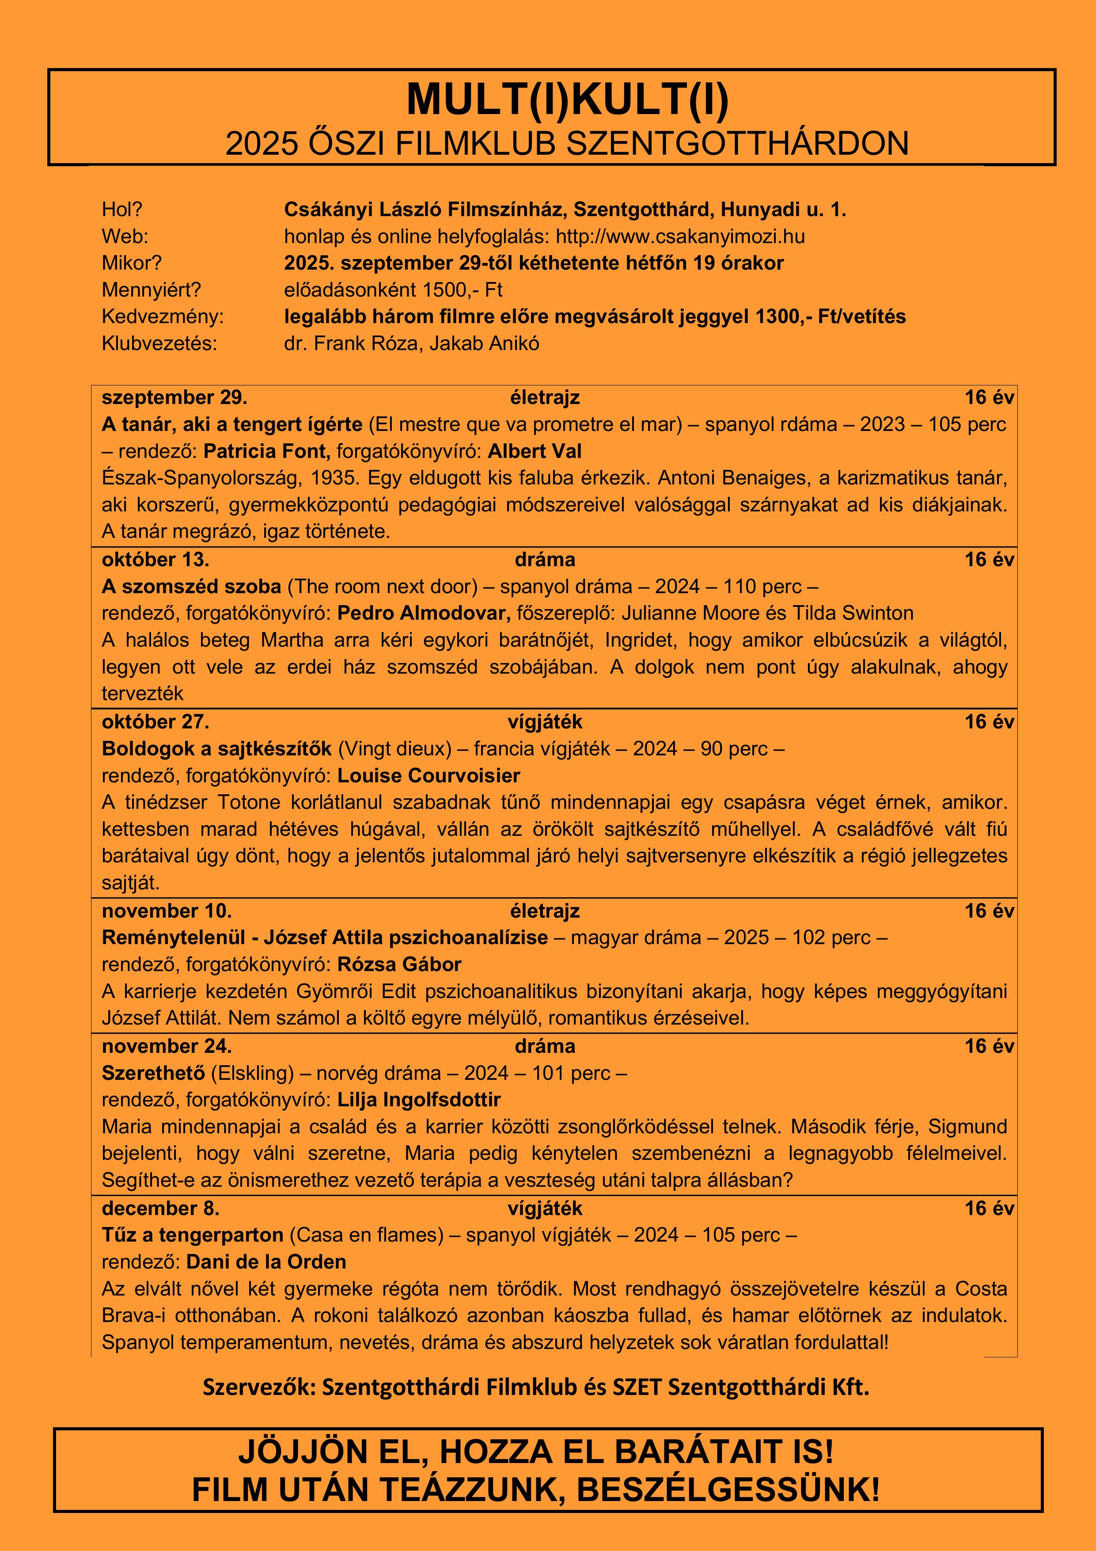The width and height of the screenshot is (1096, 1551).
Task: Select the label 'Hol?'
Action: (122, 210)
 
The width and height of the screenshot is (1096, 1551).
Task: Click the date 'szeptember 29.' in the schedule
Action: (174, 397)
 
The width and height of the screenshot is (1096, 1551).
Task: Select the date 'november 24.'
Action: (167, 1046)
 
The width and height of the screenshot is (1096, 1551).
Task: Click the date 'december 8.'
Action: (161, 1208)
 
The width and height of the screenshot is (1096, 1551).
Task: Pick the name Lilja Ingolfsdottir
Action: (419, 1099)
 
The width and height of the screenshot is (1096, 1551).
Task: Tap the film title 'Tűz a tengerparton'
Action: (193, 1235)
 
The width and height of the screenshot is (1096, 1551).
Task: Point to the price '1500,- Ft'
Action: (463, 290)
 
